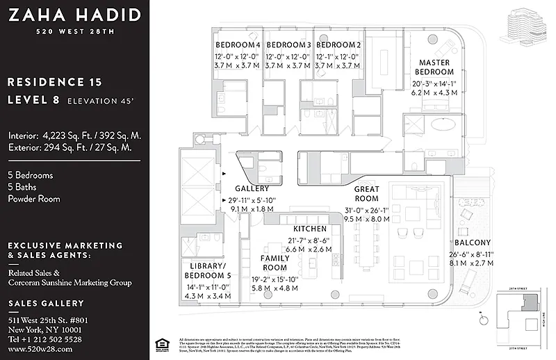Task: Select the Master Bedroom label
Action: (x=434, y=67)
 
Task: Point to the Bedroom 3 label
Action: (x=288, y=45)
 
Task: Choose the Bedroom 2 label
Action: (x=338, y=45)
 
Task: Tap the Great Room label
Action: (x=366, y=193)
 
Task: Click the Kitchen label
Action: (x=309, y=229)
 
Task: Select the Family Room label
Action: (x=275, y=263)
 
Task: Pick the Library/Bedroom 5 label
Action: (x=208, y=271)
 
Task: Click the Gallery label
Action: (x=252, y=188)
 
